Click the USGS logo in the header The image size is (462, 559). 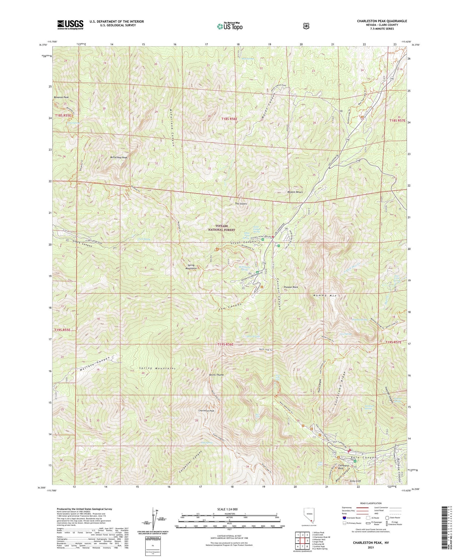70,25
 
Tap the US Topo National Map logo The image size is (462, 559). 229,26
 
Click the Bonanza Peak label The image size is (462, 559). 61,97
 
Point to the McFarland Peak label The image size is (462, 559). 119,157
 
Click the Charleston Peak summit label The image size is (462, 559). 206,411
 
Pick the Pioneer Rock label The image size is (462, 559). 291,287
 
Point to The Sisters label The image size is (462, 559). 241,204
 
